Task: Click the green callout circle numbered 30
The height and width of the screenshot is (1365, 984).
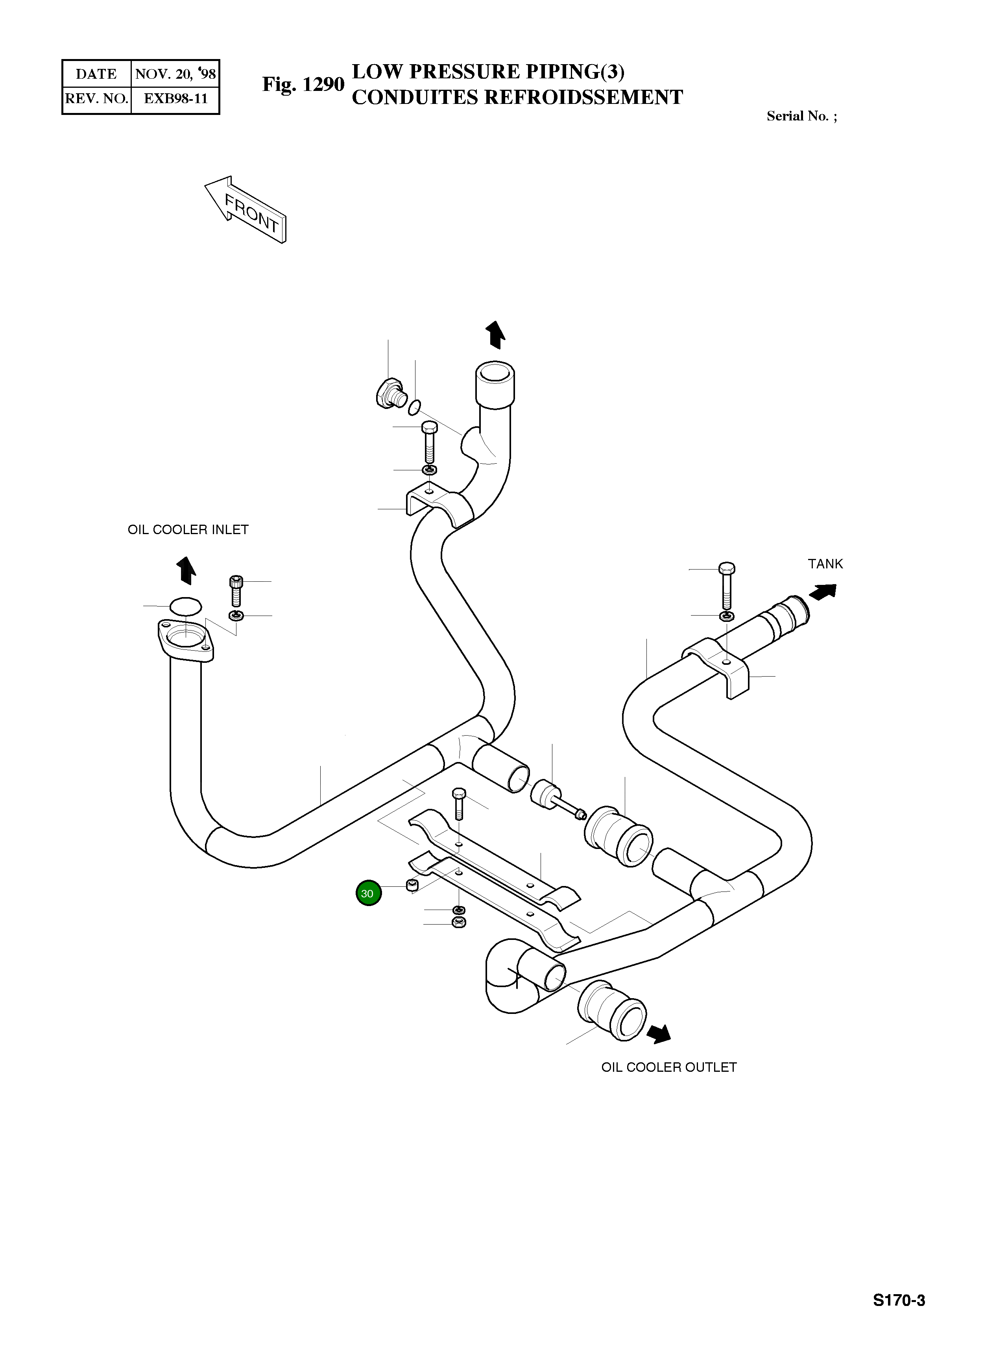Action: (368, 893)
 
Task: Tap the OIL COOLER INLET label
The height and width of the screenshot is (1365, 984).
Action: (188, 530)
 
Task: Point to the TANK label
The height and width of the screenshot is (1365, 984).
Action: (825, 564)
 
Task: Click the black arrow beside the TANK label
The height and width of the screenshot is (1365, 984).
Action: (823, 591)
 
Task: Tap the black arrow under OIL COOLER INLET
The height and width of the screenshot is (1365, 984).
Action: (186, 570)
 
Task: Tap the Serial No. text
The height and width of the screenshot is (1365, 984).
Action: (801, 116)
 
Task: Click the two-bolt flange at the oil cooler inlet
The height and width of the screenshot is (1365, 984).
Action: (186, 642)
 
